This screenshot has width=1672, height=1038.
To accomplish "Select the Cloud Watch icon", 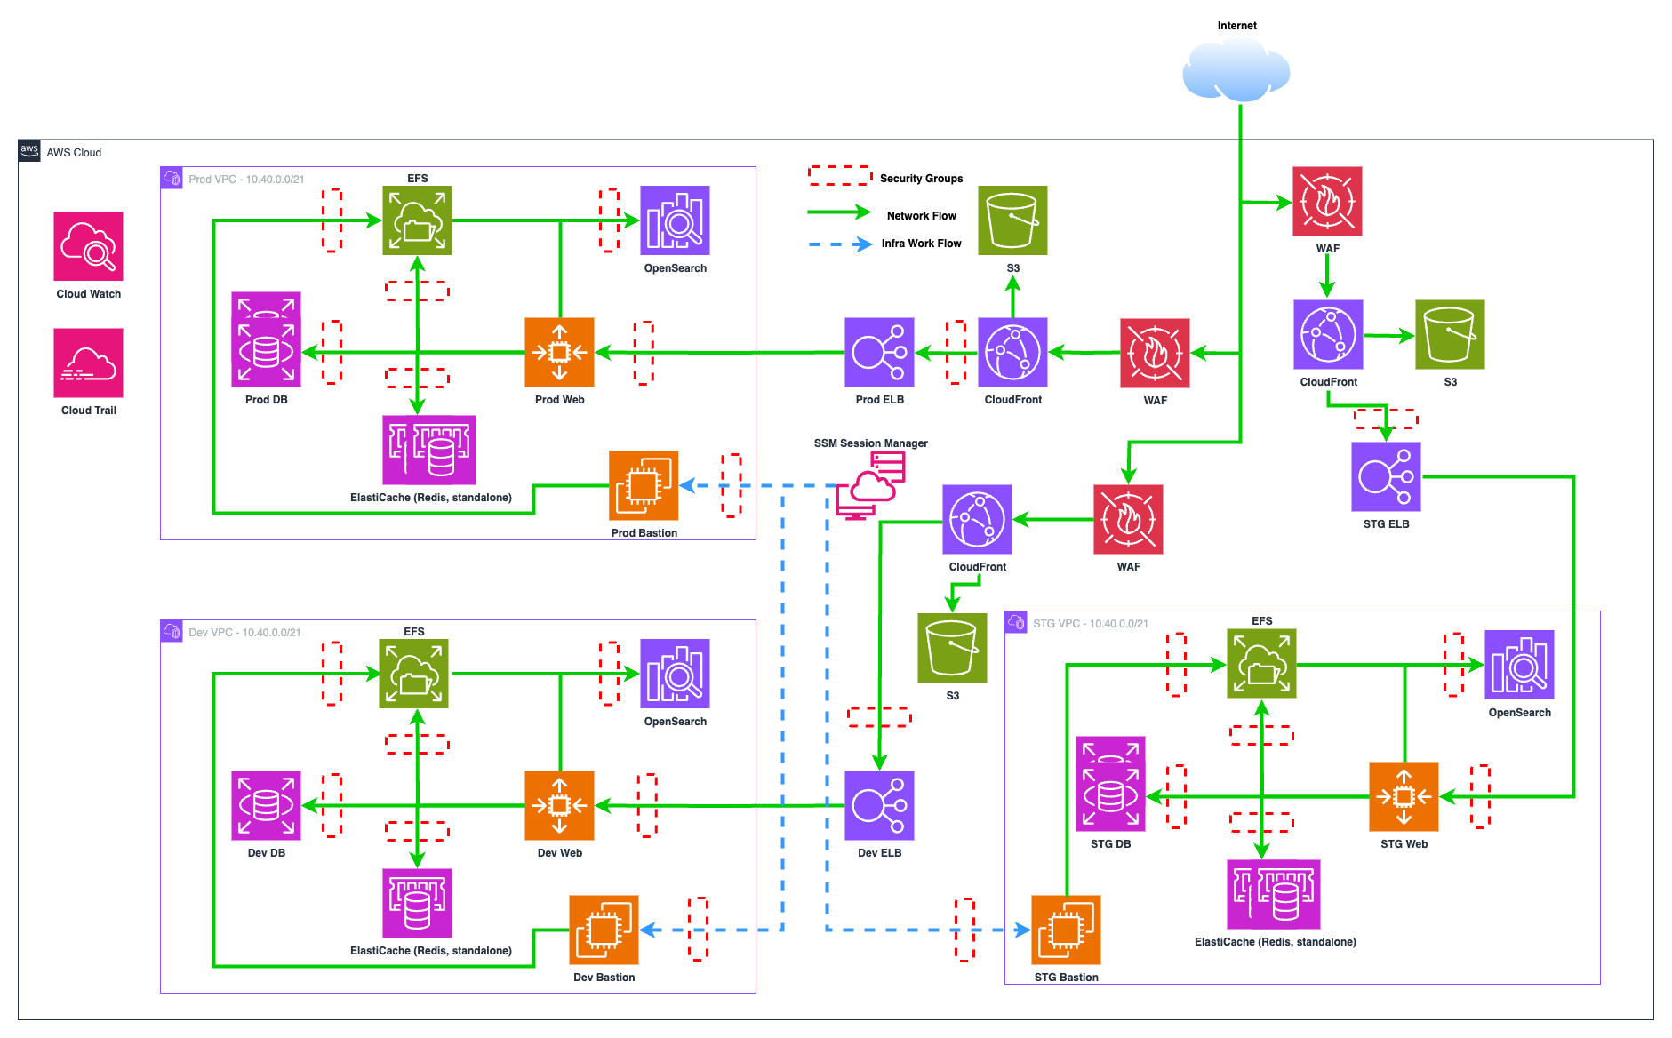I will [x=88, y=246].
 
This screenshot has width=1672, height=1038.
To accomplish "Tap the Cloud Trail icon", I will [x=88, y=363].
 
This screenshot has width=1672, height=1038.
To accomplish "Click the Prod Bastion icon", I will [x=644, y=485].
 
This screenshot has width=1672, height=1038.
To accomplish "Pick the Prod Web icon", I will [x=559, y=352].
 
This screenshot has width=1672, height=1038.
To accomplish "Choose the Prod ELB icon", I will [x=879, y=352].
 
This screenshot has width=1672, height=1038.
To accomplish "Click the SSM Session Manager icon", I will [x=871, y=485].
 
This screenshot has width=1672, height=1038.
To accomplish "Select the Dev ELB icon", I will [x=879, y=805].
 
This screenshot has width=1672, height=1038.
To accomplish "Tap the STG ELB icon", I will [x=1386, y=476].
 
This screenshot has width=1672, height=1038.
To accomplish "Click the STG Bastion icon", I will [x=1066, y=930].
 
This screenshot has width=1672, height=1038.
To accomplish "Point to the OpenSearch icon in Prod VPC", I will [x=675, y=220].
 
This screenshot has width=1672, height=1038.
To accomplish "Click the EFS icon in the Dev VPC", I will [x=413, y=674].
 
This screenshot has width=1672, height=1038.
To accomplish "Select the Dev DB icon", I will [x=266, y=805].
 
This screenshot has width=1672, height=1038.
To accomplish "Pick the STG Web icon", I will [x=1404, y=796].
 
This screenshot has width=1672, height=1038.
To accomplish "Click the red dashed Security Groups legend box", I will [x=839, y=175].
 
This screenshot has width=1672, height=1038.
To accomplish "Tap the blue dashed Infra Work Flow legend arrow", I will [x=839, y=244].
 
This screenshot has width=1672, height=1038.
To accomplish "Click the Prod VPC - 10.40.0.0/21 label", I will [x=246, y=180].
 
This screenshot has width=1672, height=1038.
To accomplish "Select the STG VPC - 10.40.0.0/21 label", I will [x=1090, y=624].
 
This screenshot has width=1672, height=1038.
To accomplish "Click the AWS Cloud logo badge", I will [x=29, y=150].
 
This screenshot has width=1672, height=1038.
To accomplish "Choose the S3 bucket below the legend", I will [x=1012, y=220].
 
